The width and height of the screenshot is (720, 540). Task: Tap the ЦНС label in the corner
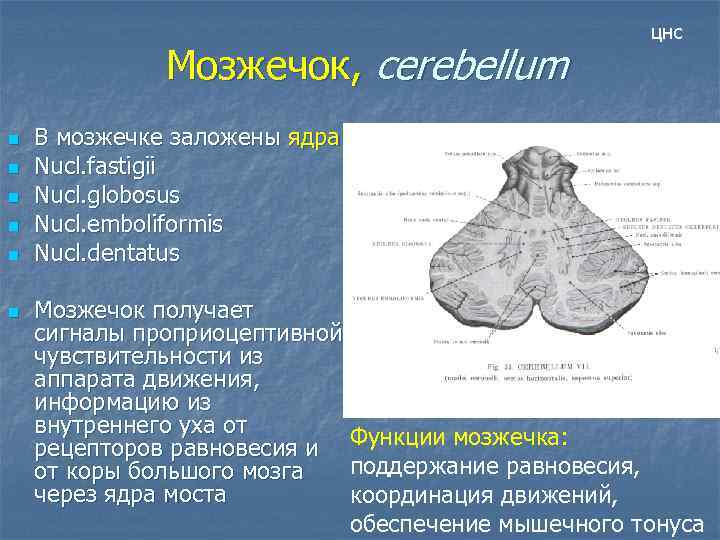(x=666, y=34)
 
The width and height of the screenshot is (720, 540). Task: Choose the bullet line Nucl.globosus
(x=107, y=194)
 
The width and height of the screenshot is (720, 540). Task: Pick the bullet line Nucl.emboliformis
(x=128, y=223)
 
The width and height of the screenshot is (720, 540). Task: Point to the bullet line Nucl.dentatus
(x=107, y=252)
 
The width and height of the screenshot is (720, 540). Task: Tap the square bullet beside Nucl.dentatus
(x=13, y=253)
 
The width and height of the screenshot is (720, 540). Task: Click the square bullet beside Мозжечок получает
(x=13, y=312)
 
